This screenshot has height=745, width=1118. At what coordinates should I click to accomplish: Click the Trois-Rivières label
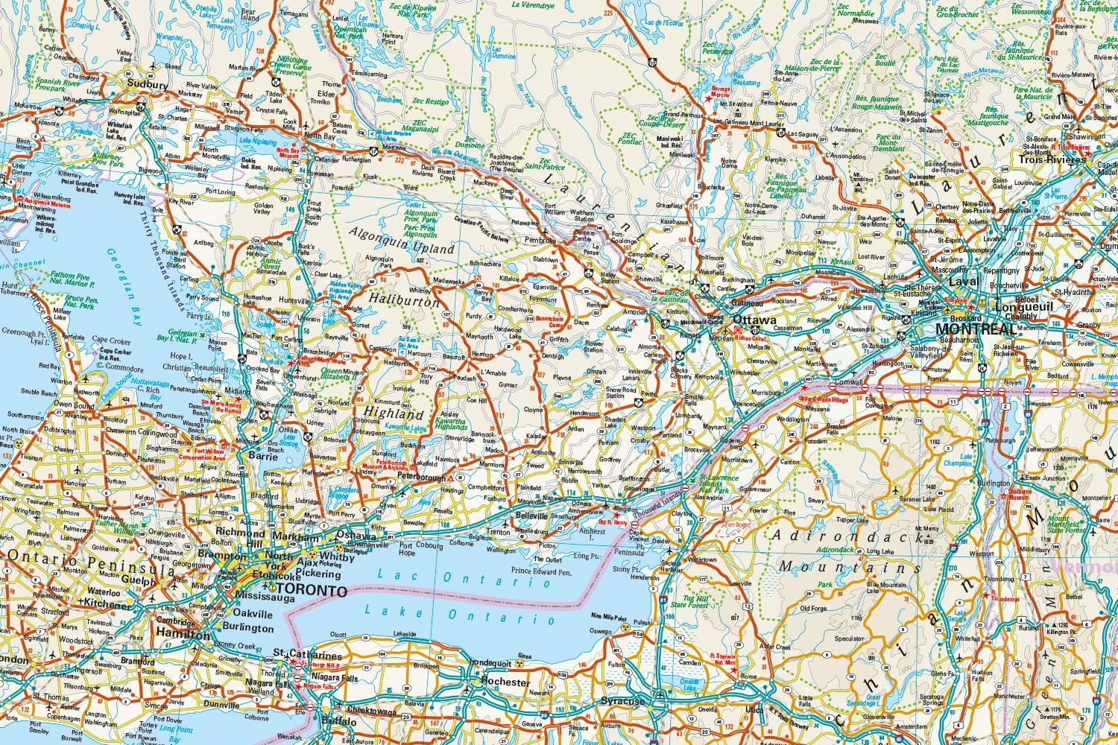(1052, 160)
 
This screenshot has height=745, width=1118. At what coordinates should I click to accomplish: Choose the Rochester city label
(505, 682)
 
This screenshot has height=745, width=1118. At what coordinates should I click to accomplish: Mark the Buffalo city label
(341, 721)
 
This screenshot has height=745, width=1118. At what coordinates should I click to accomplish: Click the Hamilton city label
(183, 635)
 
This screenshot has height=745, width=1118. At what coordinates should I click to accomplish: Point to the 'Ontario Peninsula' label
(75, 558)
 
